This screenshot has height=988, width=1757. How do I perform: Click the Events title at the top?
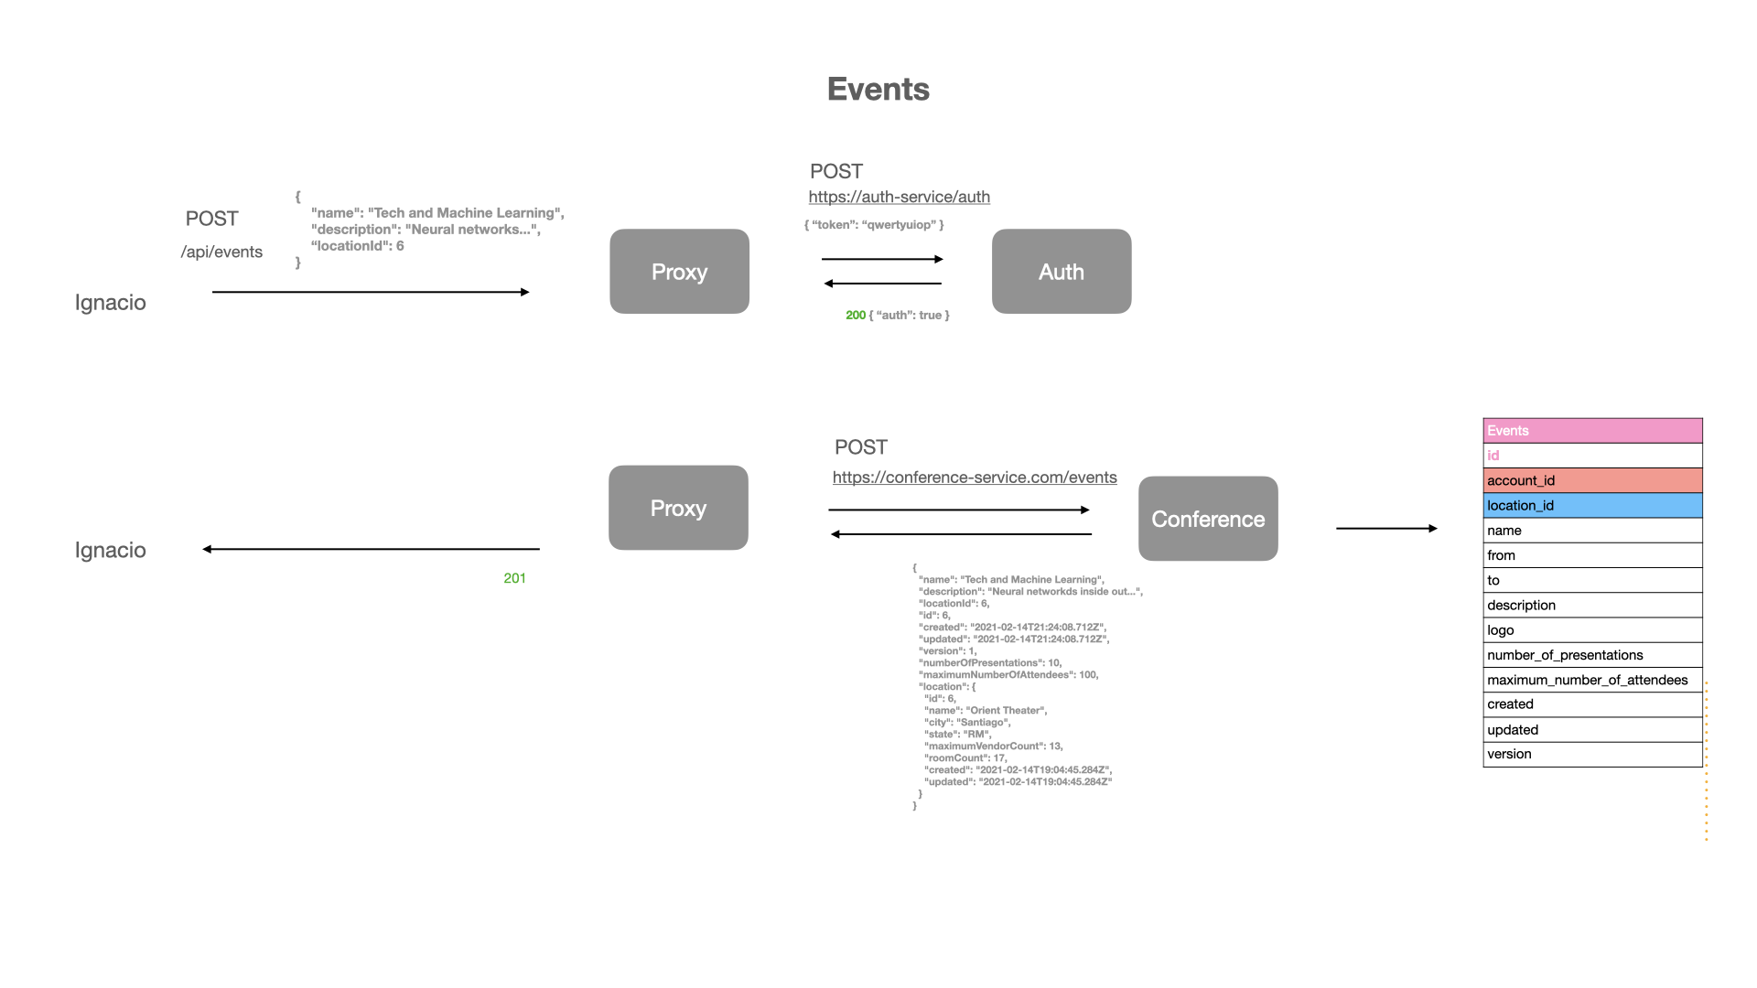(x=878, y=90)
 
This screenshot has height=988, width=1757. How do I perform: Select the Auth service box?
(x=1061, y=272)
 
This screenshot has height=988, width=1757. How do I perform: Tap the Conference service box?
(x=1207, y=519)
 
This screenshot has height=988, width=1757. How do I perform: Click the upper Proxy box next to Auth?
(x=679, y=272)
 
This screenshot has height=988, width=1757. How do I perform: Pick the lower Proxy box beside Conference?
(x=678, y=508)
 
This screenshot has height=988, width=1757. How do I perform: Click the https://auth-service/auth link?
(x=899, y=197)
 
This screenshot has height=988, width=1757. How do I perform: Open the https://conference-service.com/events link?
(x=974, y=478)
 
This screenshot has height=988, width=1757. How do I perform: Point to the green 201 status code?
(x=514, y=578)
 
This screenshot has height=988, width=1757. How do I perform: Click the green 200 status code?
(x=855, y=316)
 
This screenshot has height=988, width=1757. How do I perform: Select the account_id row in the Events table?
(x=1591, y=480)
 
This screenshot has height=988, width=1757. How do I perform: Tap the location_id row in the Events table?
(x=1591, y=505)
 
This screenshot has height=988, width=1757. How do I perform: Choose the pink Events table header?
(x=1591, y=431)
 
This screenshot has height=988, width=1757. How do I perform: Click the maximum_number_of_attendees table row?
(x=1591, y=680)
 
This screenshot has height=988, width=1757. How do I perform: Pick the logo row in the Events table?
(x=1591, y=630)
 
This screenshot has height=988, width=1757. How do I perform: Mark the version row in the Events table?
(x=1591, y=754)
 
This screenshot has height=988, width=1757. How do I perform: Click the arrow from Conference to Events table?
(x=1385, y=528)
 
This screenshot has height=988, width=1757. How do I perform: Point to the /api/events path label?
(x=221, y=252)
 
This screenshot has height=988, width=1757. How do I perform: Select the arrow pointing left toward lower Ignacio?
(x=371, y=549)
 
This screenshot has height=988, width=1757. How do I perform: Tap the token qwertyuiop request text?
(x=874, y=225)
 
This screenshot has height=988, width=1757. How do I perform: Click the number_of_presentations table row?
(x=1591, y=655)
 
